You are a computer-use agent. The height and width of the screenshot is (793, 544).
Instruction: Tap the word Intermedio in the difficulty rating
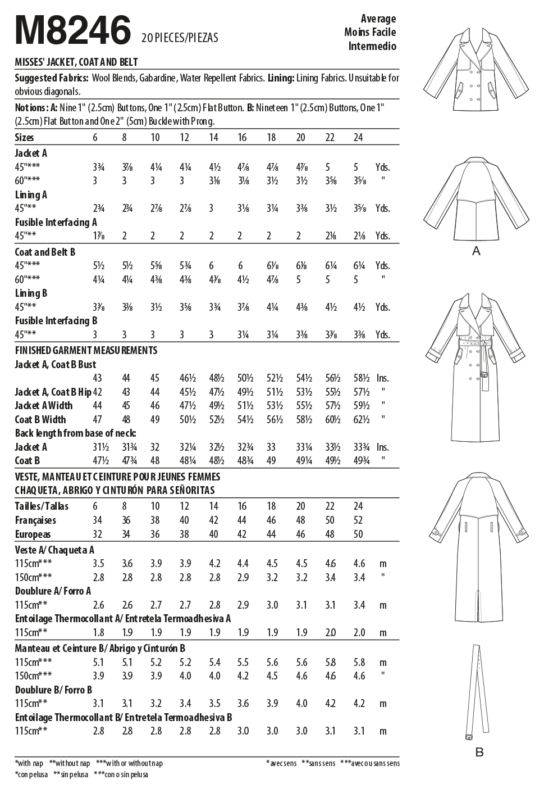tap(372, 46)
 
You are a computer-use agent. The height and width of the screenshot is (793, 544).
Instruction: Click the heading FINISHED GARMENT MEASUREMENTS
tap(86, 350)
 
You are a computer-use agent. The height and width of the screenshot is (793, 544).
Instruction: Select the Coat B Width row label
tap(40, 419)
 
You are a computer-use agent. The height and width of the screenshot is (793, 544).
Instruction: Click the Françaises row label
tap(35, 520)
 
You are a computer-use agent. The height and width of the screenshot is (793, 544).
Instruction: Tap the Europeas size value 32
tap(99, 534)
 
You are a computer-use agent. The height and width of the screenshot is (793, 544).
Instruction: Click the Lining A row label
tap(31, 195)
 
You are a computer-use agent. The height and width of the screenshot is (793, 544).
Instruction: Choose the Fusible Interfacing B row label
tap(56, 321)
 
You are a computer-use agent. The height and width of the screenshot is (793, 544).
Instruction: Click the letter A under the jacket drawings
tap(476, 251)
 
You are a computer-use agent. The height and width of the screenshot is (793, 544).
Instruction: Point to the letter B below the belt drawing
tap(479, 752)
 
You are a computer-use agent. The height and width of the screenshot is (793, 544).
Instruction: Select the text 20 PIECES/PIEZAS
tap(180, 38)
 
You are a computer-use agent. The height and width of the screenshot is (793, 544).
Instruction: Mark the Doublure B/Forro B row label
tap(53, 690)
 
